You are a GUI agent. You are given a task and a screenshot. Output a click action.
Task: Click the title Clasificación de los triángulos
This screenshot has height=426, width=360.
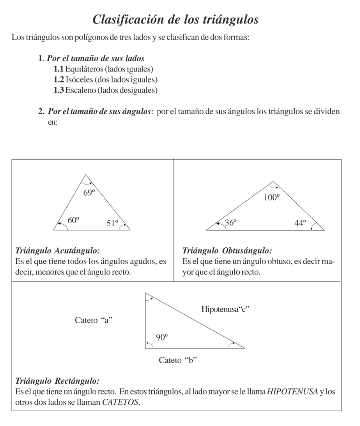[x=180, y=20]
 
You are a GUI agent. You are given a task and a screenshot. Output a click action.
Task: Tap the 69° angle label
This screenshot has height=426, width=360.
[x=90, y=192]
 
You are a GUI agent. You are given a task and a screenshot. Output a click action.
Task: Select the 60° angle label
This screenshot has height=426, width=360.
[x=73, y=221]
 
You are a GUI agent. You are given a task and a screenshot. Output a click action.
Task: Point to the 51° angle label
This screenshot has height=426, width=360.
[x=112, y=223]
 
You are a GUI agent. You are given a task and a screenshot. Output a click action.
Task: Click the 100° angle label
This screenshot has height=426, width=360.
[x=272, y=197]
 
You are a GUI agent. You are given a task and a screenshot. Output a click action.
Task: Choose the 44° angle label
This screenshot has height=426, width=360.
[x=300, y=223]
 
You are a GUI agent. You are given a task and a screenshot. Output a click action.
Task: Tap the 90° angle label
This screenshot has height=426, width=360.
[x=162, y=337]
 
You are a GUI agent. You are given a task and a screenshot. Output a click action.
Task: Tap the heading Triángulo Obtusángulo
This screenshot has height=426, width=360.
[x=227, y=251]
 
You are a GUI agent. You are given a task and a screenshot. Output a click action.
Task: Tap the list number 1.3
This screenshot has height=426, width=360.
[x=58, y=90]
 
